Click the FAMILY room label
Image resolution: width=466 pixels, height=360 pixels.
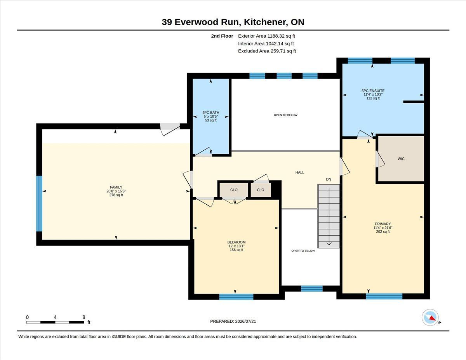116,187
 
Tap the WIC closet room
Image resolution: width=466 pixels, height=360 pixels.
401,159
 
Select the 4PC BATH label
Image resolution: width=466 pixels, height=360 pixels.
210,113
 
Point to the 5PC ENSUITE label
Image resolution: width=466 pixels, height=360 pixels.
373,91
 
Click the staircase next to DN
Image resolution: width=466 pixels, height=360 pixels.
329,216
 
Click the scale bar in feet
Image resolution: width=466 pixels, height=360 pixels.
55,322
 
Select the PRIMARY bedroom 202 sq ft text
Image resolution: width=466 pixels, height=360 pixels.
383,231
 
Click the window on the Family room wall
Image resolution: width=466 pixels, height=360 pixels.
39,204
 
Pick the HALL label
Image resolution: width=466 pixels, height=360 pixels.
299,172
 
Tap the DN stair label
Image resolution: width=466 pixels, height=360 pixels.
329,179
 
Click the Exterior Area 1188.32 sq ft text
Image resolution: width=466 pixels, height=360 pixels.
266,36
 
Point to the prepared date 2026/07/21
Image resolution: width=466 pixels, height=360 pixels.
245,322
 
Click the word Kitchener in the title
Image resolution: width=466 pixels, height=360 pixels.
266,22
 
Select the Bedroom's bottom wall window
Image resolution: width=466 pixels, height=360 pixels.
236,297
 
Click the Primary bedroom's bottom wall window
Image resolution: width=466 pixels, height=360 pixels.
384,296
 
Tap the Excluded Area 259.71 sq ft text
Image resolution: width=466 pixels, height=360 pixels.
267,51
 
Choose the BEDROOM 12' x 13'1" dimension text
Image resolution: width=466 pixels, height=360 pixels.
236,246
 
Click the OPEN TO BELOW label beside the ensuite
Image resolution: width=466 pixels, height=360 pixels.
285,115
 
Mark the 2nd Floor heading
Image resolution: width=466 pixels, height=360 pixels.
222,36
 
